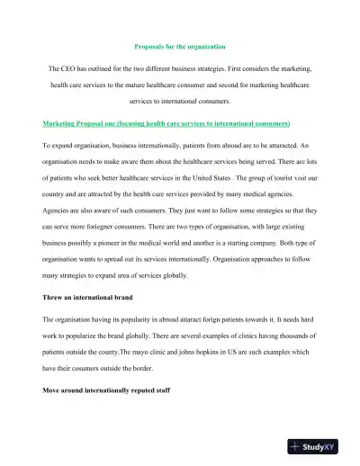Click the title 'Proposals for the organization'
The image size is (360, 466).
point(179,45)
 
